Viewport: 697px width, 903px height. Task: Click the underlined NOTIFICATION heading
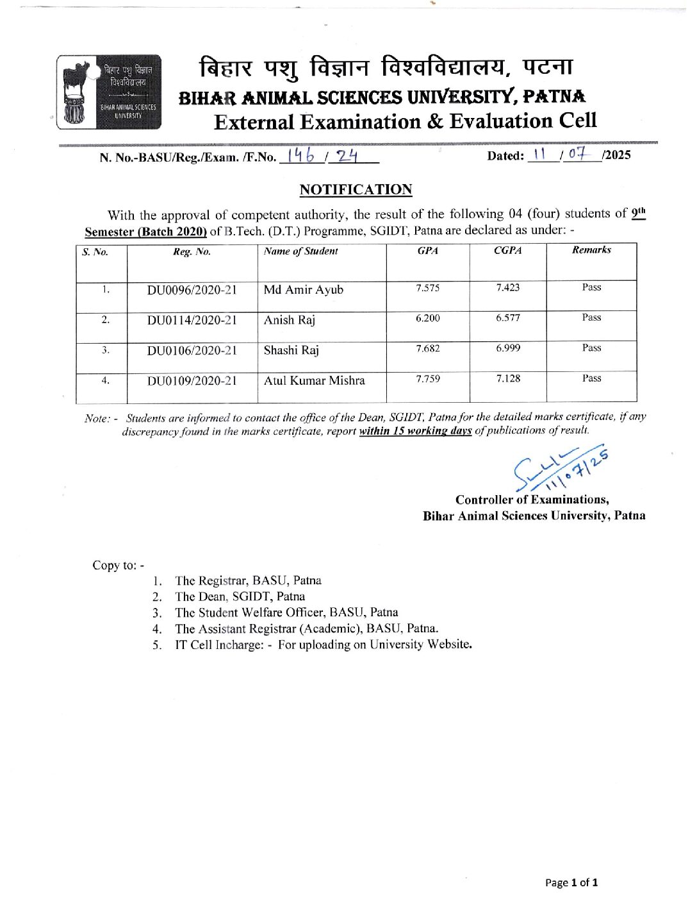point(356,190)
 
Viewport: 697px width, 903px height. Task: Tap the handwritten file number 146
point(301,156)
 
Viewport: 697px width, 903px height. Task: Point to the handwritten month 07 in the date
point(577,154)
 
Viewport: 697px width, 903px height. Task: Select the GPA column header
point(427,251)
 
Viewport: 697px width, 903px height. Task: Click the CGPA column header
point(507,251)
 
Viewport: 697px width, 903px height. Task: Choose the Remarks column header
point(591,250)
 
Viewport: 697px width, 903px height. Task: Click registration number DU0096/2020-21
point(192,290)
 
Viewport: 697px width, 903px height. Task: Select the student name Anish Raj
point(290,320)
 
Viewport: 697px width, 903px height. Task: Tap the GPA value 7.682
point(427,349)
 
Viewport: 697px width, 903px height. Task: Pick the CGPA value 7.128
point(507,379)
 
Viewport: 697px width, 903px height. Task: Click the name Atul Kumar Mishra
point(314,381)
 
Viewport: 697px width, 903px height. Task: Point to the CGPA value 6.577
point(507,318)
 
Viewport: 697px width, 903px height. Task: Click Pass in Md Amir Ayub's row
point(591,287)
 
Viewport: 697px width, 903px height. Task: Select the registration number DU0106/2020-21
point(192,351)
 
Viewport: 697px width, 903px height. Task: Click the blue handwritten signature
point(559,471)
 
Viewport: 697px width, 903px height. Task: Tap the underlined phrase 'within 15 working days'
point(415,431)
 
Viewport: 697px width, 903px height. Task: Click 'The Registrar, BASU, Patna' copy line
point(248,580)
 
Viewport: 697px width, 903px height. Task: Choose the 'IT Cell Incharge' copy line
point(324,645)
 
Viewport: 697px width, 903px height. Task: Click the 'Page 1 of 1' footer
point(571,882)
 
